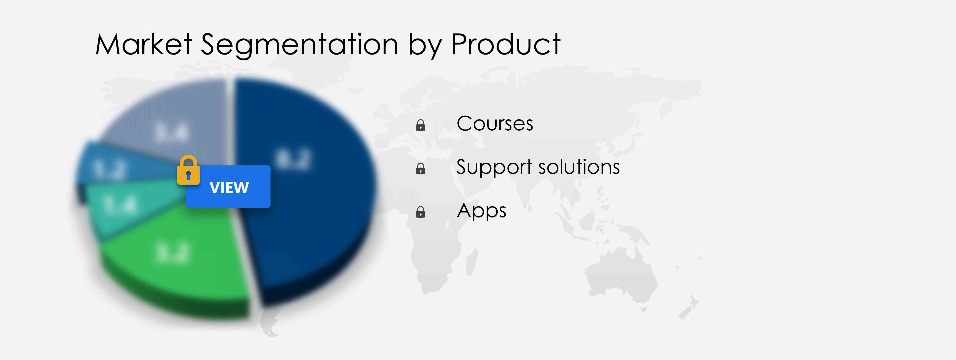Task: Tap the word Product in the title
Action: point(505,45)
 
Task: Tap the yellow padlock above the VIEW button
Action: point(188,170)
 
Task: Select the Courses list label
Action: point(494,124)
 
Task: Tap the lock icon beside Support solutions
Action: point(421,169)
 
